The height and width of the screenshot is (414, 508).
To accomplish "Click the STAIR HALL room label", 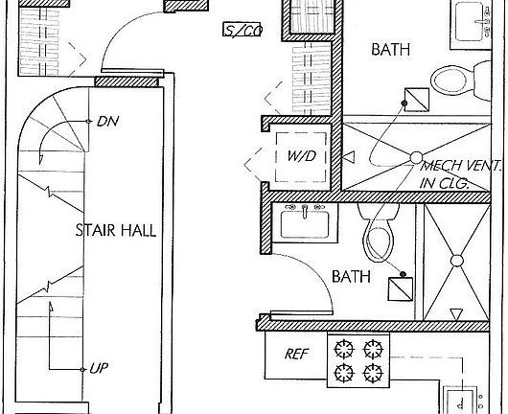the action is point(116,230).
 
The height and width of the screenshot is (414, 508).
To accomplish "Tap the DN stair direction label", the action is point(108,122).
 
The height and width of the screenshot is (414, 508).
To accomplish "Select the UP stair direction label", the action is point(99,368).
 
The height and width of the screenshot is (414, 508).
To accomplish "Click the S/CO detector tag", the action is point(242,30).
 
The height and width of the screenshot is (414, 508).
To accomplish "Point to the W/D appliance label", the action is point(301,156).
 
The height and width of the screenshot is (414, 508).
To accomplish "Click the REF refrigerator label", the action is point(296,354).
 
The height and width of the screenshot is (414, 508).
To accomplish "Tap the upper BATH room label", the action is point(391,50).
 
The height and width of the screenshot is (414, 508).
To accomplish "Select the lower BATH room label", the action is point(351,277).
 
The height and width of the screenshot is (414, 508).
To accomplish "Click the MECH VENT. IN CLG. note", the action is point(460,175).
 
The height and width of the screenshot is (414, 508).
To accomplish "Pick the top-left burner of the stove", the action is point(344,349).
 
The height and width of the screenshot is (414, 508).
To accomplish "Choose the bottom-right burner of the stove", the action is point(373,373).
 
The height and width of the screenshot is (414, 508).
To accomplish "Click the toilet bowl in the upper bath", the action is point(449,80).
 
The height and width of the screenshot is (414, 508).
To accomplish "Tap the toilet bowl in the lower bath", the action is point(378,241).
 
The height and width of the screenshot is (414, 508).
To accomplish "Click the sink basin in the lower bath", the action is point(305,224).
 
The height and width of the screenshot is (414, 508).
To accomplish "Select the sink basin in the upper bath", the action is point(470,21).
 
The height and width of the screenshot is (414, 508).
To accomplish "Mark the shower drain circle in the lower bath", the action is point(457,261).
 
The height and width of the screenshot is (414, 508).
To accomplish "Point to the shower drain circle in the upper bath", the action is point(416,157).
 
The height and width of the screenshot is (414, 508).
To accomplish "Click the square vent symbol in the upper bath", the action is point(417,100).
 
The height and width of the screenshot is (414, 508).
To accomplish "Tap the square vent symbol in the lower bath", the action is point(401,289).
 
